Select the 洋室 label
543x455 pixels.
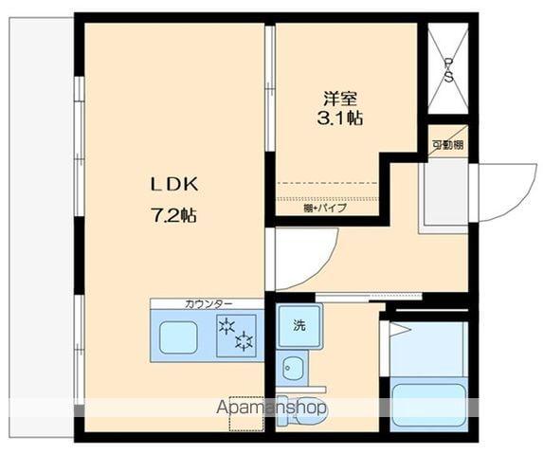click(340, 98)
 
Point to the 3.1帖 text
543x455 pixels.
click(340, 118)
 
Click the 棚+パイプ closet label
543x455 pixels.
click(325, 208)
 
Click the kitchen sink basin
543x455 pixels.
click(177, 337)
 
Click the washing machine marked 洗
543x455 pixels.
click(299, 326)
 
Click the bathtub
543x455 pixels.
click(428, 405)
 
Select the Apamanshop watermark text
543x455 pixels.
click(272, 409)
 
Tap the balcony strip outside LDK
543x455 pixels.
click(42, 227)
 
